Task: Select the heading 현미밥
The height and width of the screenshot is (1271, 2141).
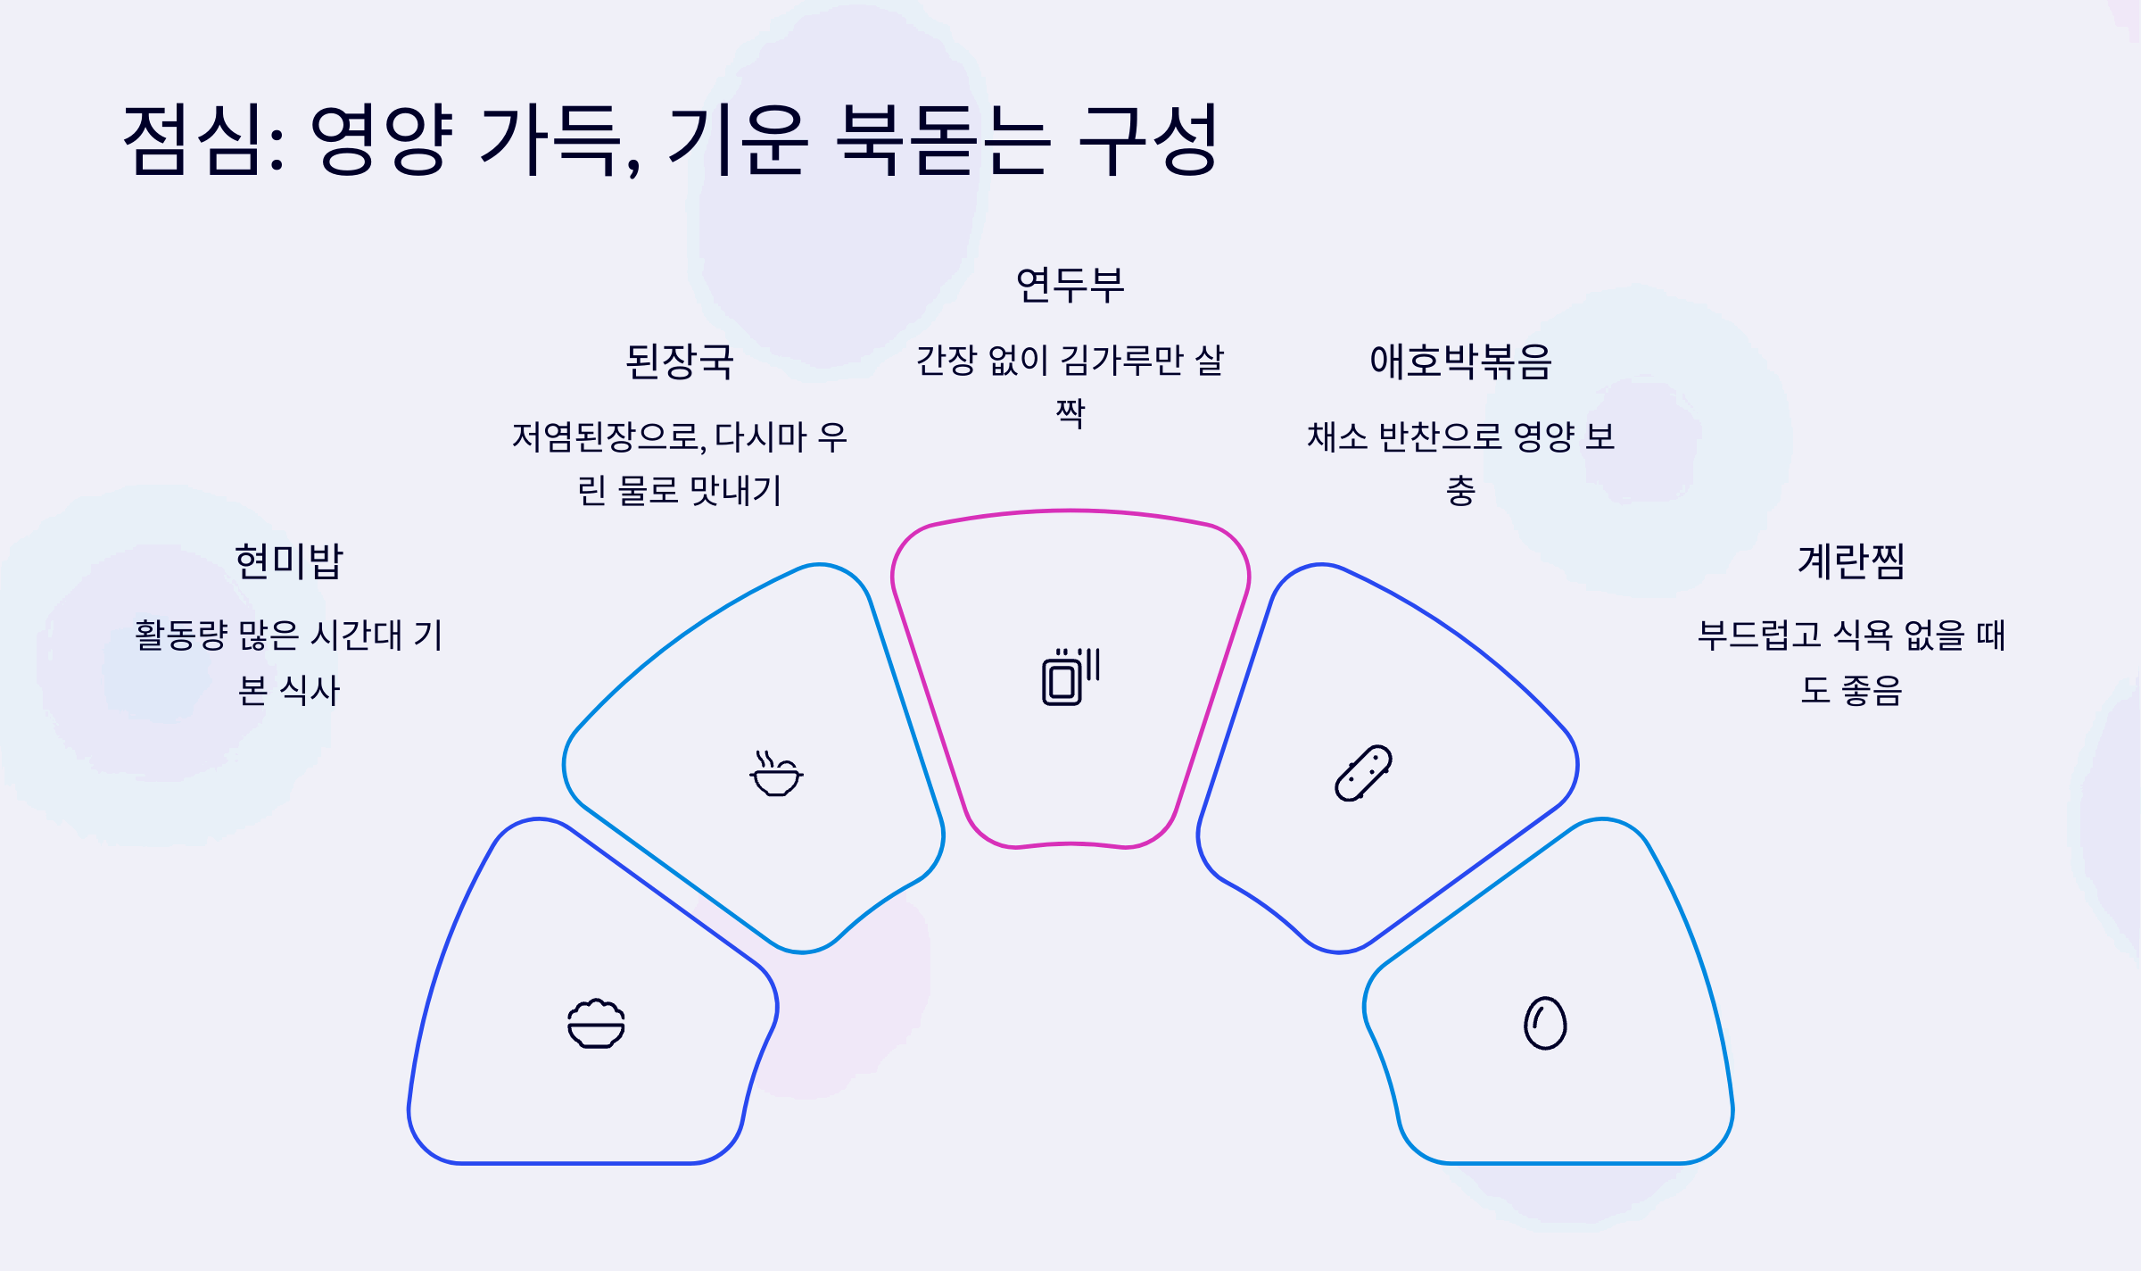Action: click(289, 561)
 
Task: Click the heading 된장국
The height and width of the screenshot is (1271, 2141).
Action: click(680, 361)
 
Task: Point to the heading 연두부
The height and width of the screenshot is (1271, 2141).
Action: click(1070, 285)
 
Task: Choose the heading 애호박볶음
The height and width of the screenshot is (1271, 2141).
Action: click(1461, 361)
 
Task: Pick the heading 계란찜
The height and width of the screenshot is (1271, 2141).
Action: click(1852, 561)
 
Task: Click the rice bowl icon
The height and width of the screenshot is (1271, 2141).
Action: click(596, 1023)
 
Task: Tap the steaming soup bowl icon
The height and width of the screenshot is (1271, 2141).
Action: click(776, 773)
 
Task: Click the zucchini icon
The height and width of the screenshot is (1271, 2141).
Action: click(1363, 773)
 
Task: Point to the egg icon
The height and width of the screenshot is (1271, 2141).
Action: click(1545, 1023)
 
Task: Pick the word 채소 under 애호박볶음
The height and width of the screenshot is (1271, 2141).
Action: click(1336, 437)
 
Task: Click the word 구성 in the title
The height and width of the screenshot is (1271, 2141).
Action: click(1149, 139)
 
